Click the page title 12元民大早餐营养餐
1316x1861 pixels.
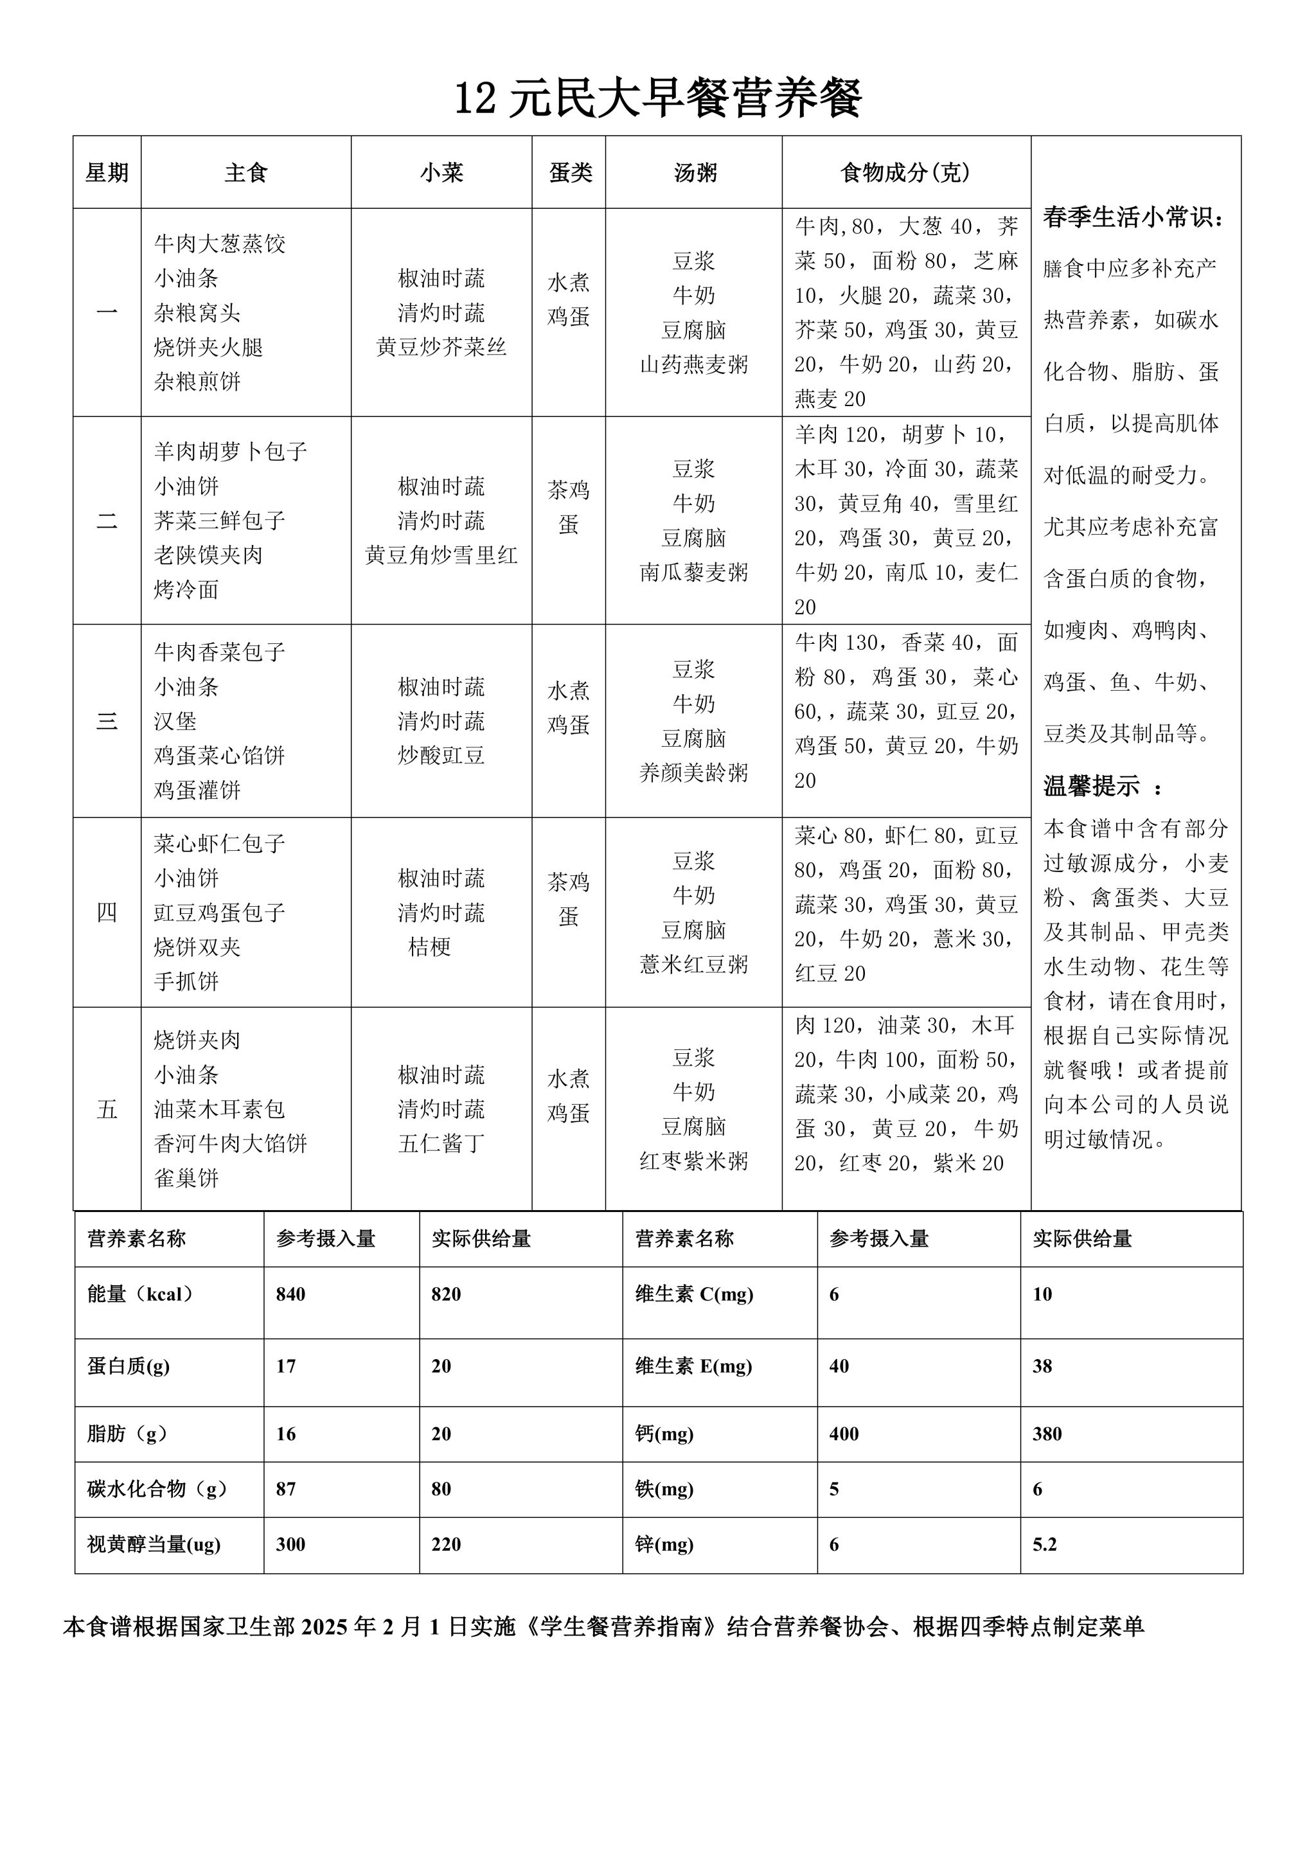point(657,100)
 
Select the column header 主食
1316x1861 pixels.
point(245,173)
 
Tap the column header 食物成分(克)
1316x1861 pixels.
point(905,173)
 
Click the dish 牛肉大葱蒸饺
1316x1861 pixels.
point(220,244)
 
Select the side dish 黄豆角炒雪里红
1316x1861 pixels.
point(441,555)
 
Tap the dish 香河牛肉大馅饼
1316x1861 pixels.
point(230,1144)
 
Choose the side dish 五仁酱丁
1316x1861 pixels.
point(441,1144)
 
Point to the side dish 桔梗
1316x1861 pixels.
point(429,947)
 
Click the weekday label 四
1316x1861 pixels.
point(107,913)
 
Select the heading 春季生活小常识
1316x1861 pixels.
point(1133,217)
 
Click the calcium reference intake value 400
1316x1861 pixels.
point(843,1434)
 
